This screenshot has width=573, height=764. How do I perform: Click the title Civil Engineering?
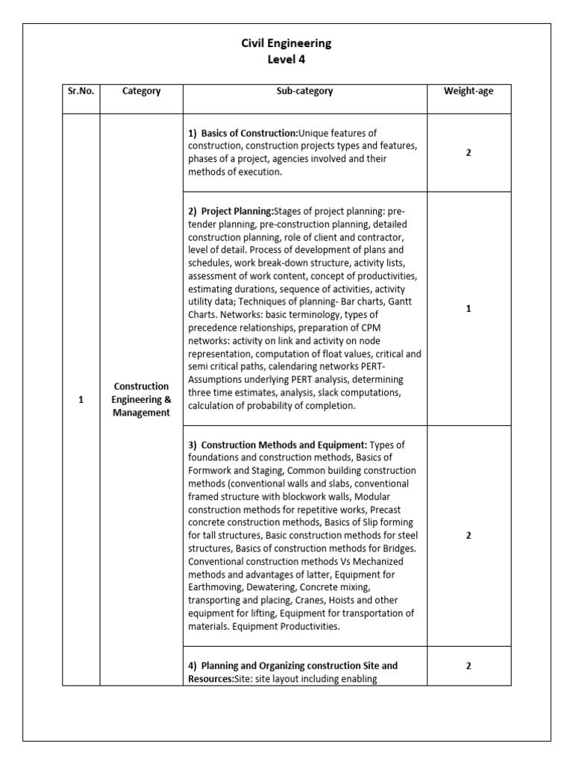click(x=286, y=43)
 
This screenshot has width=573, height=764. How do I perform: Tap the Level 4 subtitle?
click(x=286, y=60)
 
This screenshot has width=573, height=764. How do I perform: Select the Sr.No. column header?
click(x=81, y=91)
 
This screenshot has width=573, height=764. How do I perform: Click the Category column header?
click(x=142, y=91)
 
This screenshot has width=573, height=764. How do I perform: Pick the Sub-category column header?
click(x=304, y=91)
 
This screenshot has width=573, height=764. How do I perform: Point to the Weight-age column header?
click(x=469, y=91)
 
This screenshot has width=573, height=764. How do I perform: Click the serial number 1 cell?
click(x=81, y=400)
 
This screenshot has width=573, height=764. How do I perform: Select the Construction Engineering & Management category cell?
click(x=142, y=400)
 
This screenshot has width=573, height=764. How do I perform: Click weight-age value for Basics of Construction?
click(x=469, y=152)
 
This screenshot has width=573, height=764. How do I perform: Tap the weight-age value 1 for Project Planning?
click(x=469, y=308)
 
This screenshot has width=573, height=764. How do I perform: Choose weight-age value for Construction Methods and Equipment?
click(x=469, y=535)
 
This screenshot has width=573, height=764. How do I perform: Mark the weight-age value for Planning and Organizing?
click(x=469, y=666)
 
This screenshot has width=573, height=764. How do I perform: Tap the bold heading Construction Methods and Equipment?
click(x=284, y=445)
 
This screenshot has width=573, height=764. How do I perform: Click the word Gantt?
click(x=408, y=299)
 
